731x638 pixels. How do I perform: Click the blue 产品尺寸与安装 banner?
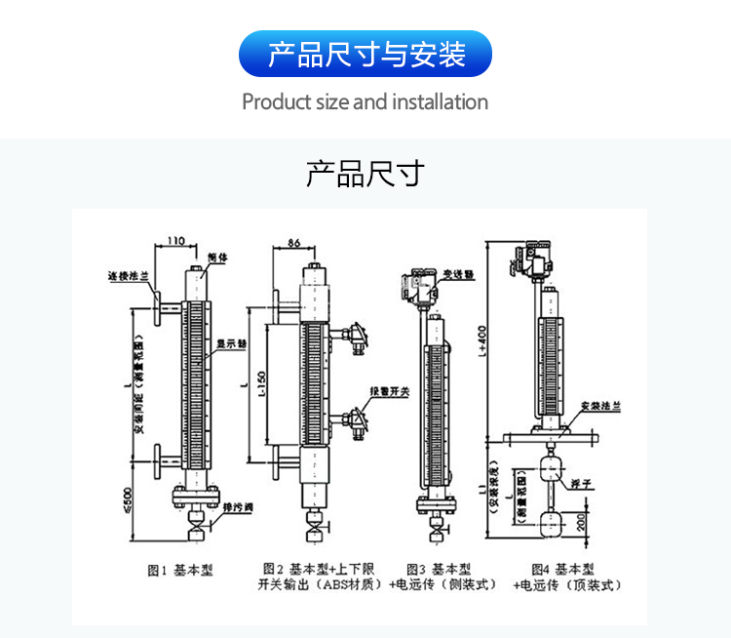pyautogui.click(x=365, y=54)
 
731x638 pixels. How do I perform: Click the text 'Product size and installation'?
pyautogui.click(x=365, y=101)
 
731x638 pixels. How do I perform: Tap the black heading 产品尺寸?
pyautogui.click(x=365, y=175)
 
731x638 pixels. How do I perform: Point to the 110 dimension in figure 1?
pyautogui.click(x=175, y=240)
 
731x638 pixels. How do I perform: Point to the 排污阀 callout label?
pyautogui.click(x=238, y=507)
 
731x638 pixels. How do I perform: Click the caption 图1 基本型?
pyautogui.click(x=180, y=570)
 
